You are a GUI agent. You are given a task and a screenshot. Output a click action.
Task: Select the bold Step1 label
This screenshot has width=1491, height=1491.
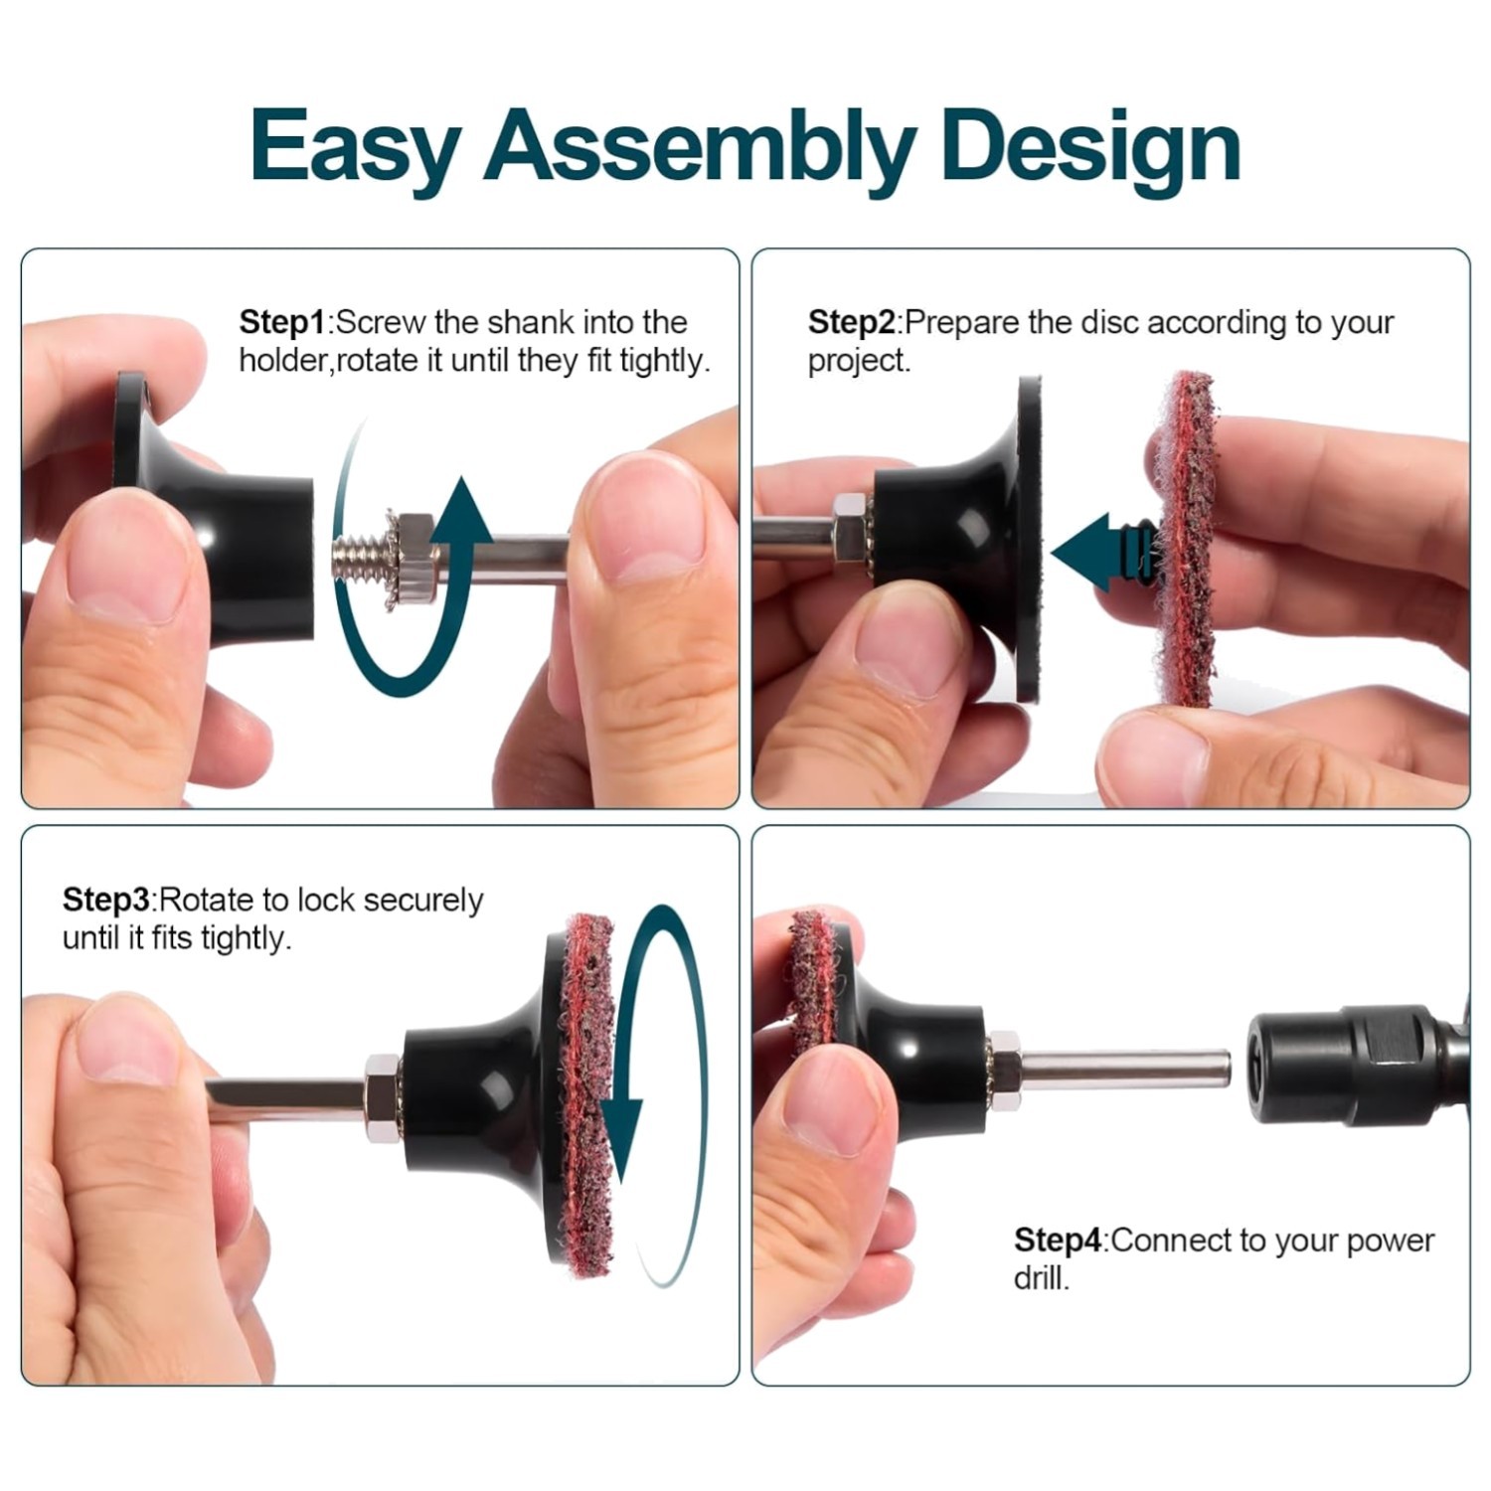pyautogui.click(x=282, y=323)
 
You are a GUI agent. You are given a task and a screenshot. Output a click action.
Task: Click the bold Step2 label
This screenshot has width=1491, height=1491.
pyautogui.click(x=852, y=323)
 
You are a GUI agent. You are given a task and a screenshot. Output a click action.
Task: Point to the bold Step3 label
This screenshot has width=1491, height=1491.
pyautogui.click(x=105, y=901)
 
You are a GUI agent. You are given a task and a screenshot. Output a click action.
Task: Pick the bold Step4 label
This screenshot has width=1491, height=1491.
pyautogui.click(x=1058, y=1241)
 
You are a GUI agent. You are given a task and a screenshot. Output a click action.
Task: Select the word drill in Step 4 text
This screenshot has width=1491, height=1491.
pyautogui.click(x=1042, y=1278)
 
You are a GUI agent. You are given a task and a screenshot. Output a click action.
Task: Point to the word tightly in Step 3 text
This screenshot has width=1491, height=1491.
pyautogui.click(x=247, y=938)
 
